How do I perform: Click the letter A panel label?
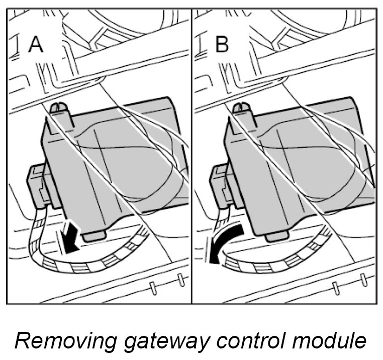[x=36, y=45]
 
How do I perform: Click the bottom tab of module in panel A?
[x=93, y=234]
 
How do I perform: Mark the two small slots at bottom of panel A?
[x=166, y=286]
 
